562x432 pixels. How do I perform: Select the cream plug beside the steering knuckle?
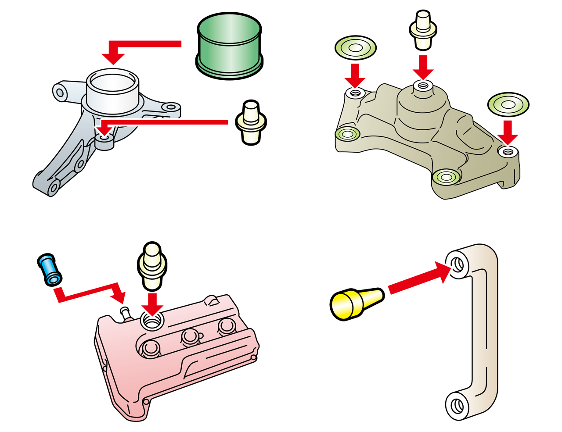point(251,123)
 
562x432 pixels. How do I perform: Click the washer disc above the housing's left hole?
point(355,47)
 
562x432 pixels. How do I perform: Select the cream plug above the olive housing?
point(423,30)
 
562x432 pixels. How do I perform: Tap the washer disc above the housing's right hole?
point(508,105)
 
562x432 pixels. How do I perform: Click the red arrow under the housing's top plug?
point(423,67)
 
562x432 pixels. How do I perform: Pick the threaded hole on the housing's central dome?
point(423,85)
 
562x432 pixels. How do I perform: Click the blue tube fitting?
point(49,269)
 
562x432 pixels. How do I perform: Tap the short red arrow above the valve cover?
point(152,303)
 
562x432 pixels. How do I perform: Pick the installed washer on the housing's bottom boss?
point(446,178)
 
